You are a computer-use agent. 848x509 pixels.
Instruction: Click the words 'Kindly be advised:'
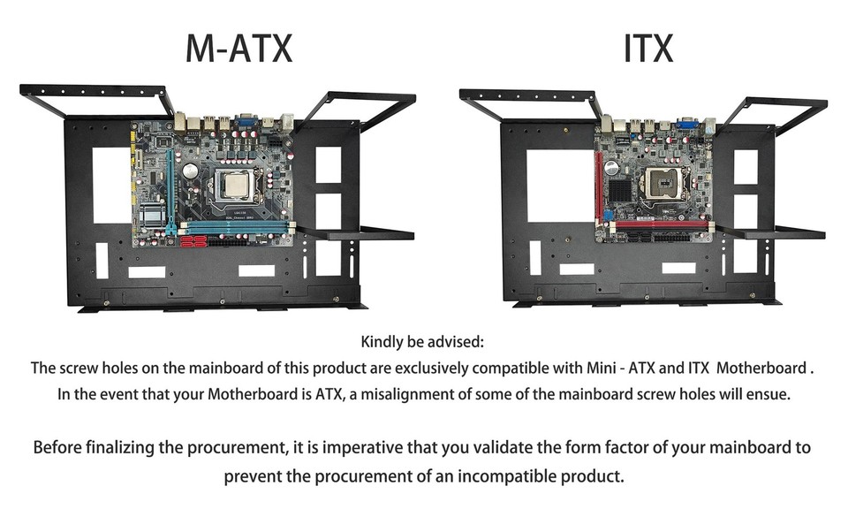[422, 341]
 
